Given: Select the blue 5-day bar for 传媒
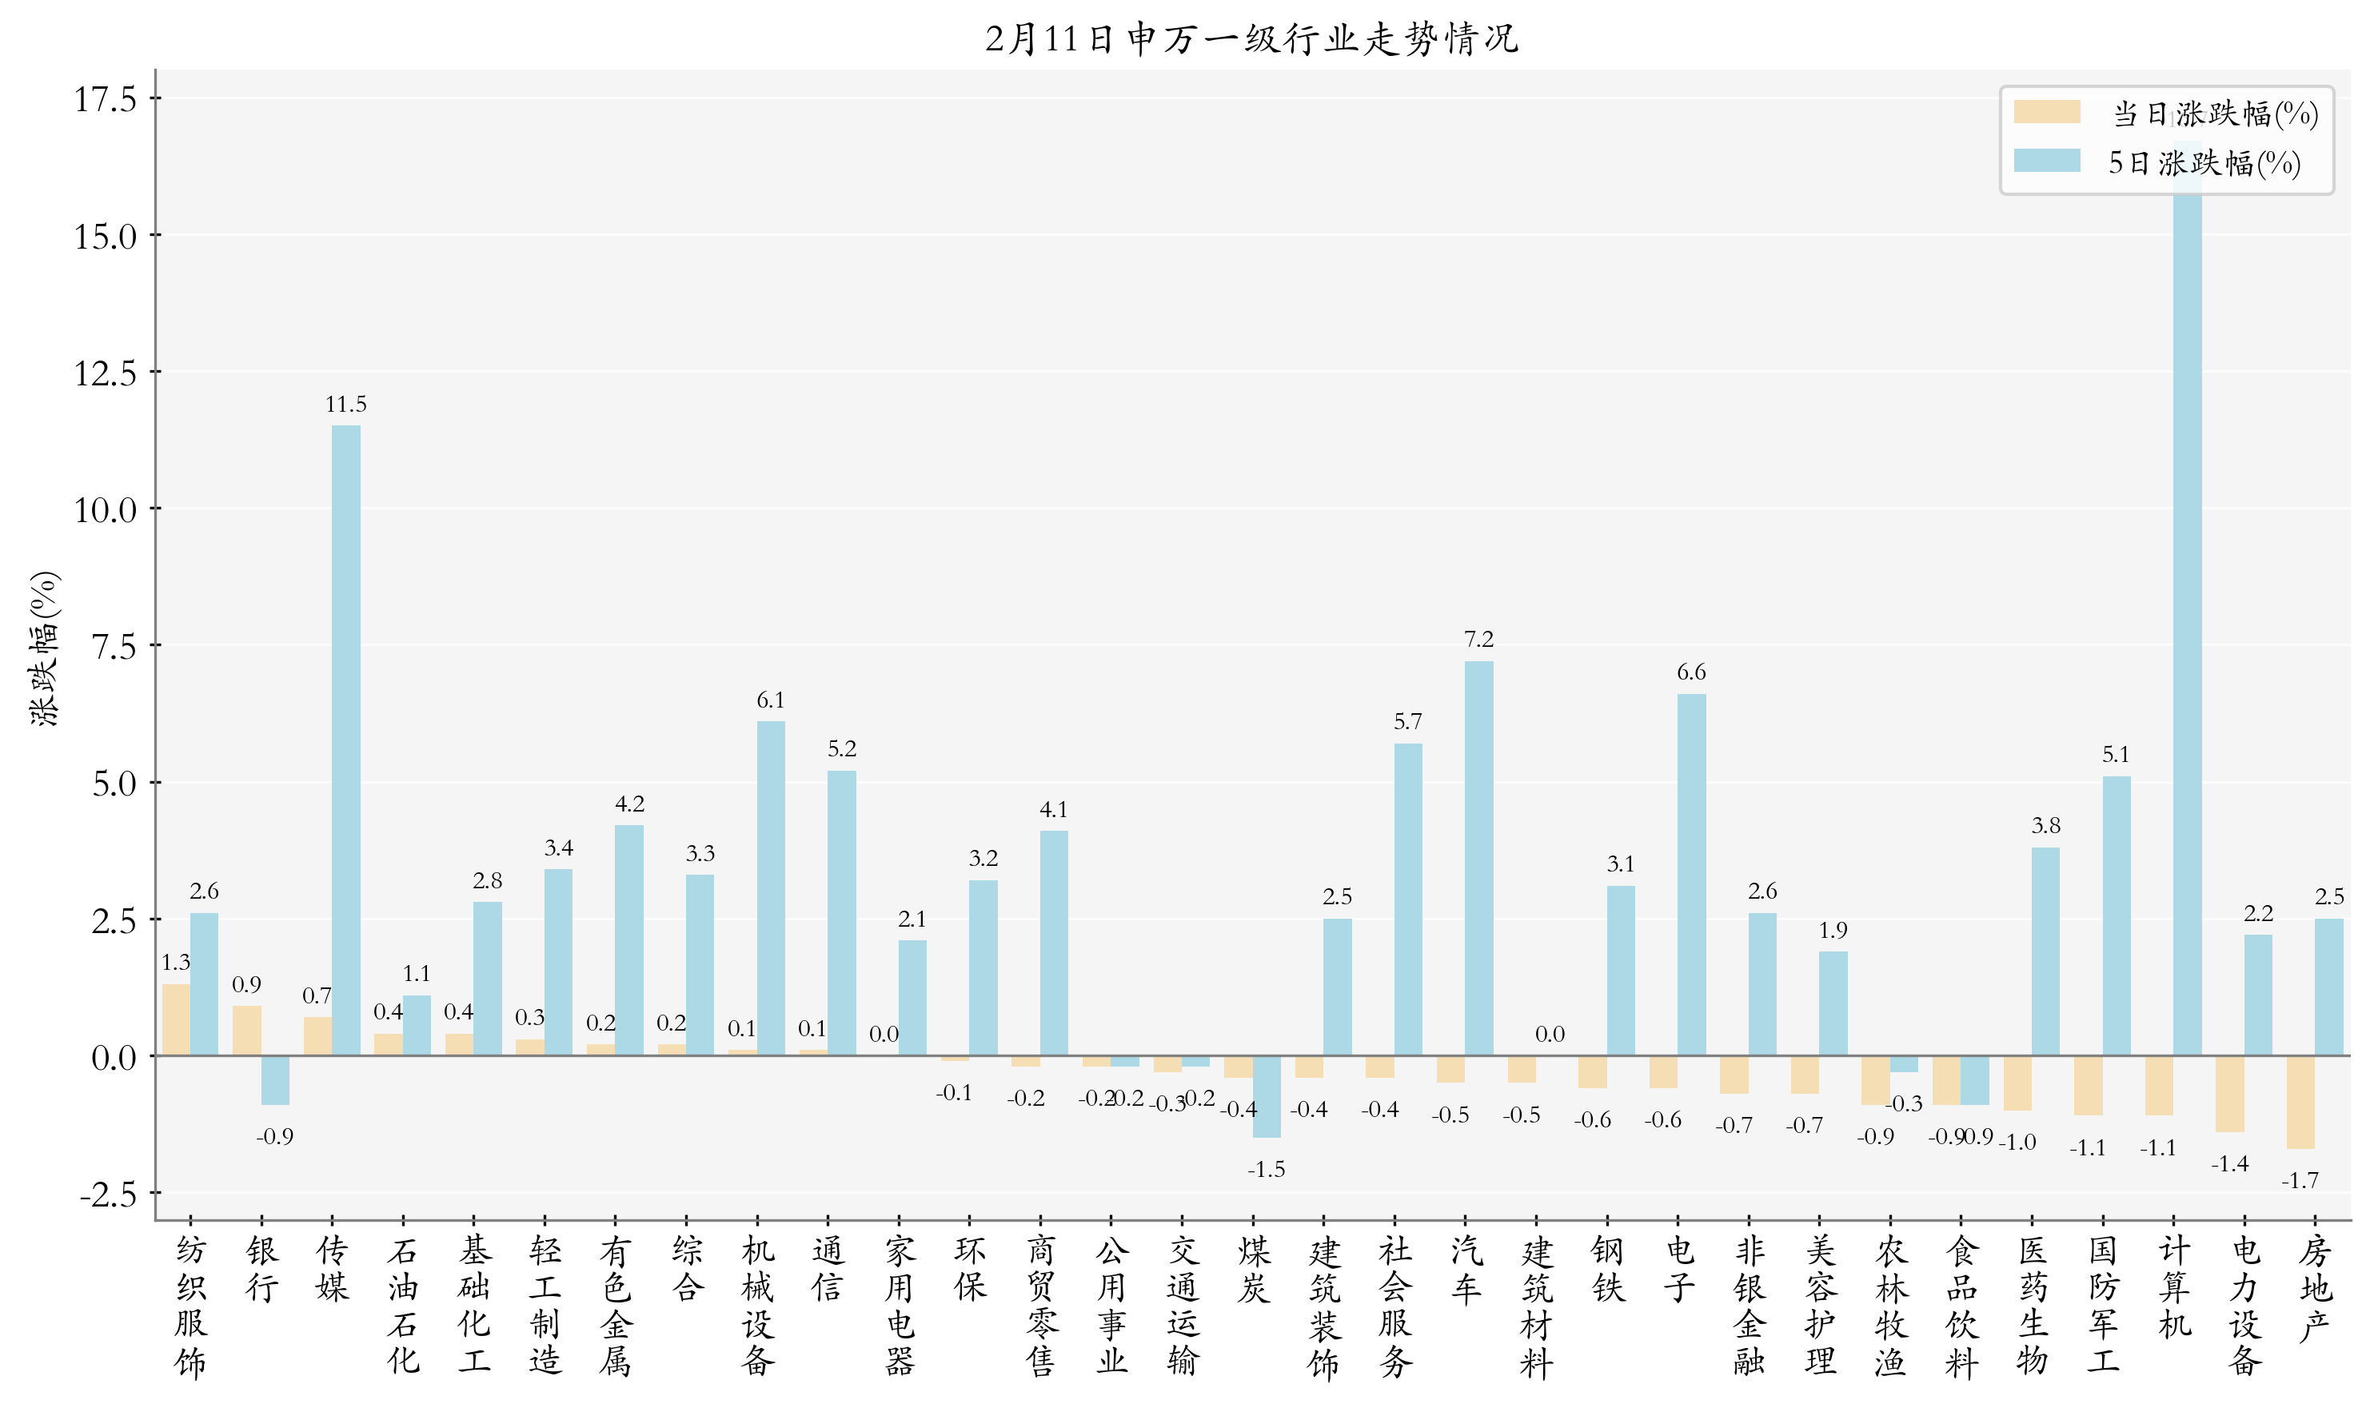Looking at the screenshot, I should (x=345, y=740).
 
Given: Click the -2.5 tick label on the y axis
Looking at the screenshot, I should (x=107, y=1194).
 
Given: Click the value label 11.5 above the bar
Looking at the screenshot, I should (x=345, y=405).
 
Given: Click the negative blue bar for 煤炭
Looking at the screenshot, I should (x=1266, y=1097).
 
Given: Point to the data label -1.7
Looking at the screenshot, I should (x=2299, y=1180).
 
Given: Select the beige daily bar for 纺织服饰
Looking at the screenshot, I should (x=177, y=1020).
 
